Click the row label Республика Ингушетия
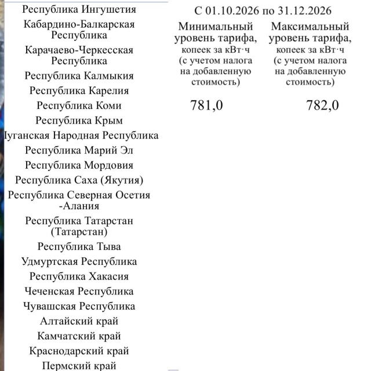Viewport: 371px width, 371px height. pyautogui.click(x=79, y=10)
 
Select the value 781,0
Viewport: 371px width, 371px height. pyautogui.click(x=206, y=106)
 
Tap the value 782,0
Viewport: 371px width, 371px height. pyautogui.click(x=322, y=106)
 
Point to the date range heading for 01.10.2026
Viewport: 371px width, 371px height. pyautogui.click(x=264, y=11)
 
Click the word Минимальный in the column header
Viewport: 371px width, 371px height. pyautogui.click(x=216, y=27)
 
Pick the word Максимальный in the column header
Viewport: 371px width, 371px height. pyautogui.click(x=310, y=27)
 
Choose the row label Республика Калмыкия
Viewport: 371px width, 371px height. pyautogui.click(x=79, y=76)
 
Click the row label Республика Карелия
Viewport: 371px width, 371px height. pyautogui.click(x=79, y=90)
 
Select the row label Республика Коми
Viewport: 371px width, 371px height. pyautogui.click(x=79, y=106)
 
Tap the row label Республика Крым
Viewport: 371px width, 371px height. pyautogui.click(x=79, y=121)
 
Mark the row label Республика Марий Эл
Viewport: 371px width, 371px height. pyautogui.click(x=79, y=150)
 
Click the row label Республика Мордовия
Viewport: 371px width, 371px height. pyautogui.click(x=79, y=165)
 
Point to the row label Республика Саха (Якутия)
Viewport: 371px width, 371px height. pyautogui.click(x=79, y=180)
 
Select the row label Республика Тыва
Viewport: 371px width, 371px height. pyautogui.click(x=79, y=247)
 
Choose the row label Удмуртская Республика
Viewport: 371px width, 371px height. pyautogui.click(x=79, y=261)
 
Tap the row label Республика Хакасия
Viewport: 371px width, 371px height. pyautogui.click(x=79, y=277)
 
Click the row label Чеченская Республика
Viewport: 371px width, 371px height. pyautogui.click(x=79, y=292)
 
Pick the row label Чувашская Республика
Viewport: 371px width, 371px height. pyautogui.click(x=79, y=306)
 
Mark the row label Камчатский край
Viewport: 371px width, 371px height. pyautogui.click(x=79, y=336)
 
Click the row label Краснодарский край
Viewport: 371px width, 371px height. pyautogui.click(x=79, y=351)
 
